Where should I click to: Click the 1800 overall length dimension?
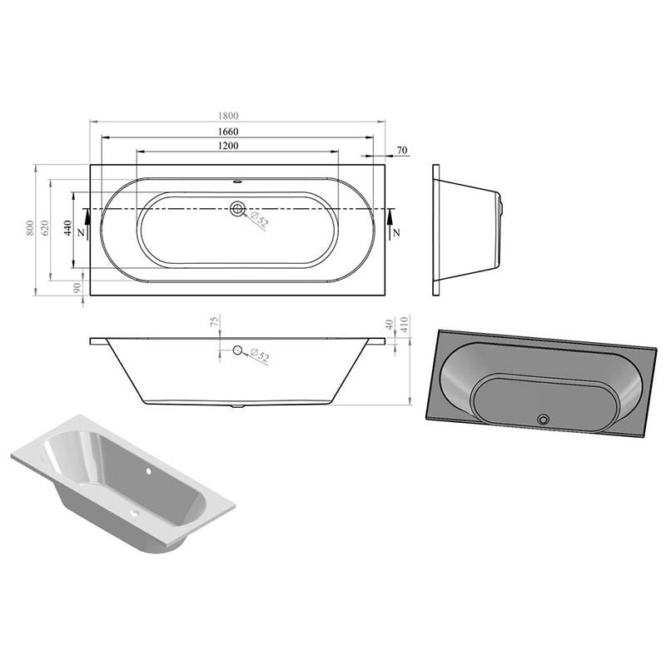[228, 116]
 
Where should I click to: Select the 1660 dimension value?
[228, 132]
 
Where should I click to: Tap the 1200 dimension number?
[228, 146]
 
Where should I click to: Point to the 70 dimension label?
[402, 151]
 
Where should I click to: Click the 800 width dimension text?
[30, 228]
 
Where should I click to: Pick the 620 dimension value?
[45, 228]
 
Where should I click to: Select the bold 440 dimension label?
[67, 228]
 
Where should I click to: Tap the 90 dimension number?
[77, 288]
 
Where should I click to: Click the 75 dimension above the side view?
[215, 321]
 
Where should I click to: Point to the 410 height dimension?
[404, 325]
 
